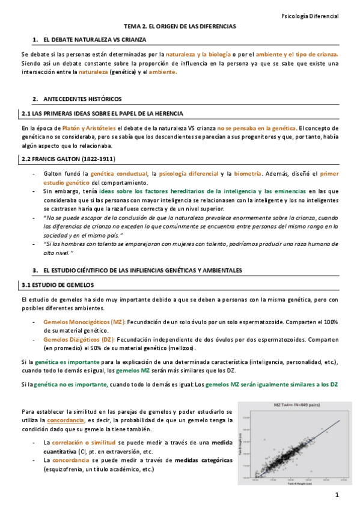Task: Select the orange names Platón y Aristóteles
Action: pos(90,128)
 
